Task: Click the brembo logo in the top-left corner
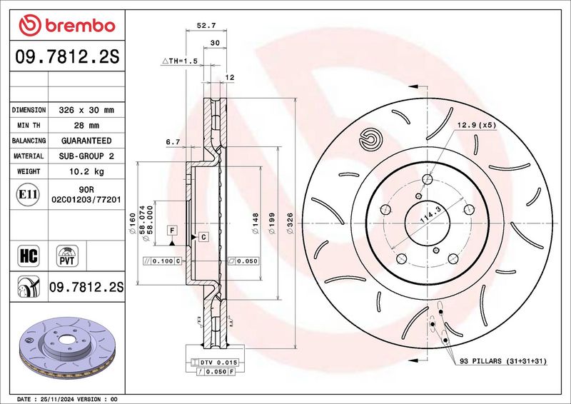pos(67,25)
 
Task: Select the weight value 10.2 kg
pos(86,171)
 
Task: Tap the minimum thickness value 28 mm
pos(86,126)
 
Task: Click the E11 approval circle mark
pos(28,195)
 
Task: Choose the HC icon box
pos(29,256)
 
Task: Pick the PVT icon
pos(67,256)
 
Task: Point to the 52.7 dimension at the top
pos(206,26)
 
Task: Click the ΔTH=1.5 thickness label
pos(179,61)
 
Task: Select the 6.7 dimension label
pos(173,142)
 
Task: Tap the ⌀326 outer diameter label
pos(290,223)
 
